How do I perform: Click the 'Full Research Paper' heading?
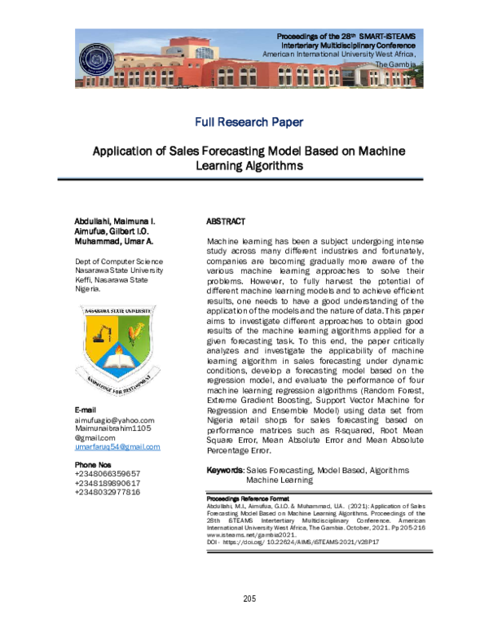click(249, 122)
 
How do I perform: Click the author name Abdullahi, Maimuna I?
click(115, 222)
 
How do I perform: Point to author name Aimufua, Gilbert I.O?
click(113, 232)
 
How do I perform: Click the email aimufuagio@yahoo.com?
click(114, 419)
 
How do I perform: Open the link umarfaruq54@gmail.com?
click(117, 447)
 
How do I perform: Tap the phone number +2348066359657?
click(107, 473)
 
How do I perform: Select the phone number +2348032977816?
click(107, 492)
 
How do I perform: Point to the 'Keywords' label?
click(225, 471)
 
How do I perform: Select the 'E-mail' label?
click(86, 409)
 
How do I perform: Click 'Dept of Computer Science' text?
click(118, 261)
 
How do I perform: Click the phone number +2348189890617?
click(107, 483)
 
